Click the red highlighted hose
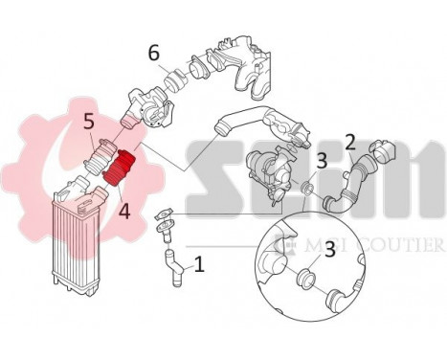123,171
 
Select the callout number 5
87,122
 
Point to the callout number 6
153,52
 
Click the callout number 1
199,262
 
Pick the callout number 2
350,143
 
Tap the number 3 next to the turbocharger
322,161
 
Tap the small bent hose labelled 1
174,265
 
